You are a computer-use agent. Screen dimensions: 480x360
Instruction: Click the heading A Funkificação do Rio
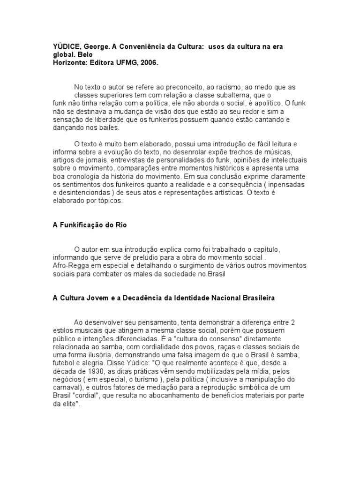coord(90,225)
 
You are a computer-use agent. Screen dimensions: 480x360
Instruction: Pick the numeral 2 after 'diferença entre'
coord(292,322)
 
